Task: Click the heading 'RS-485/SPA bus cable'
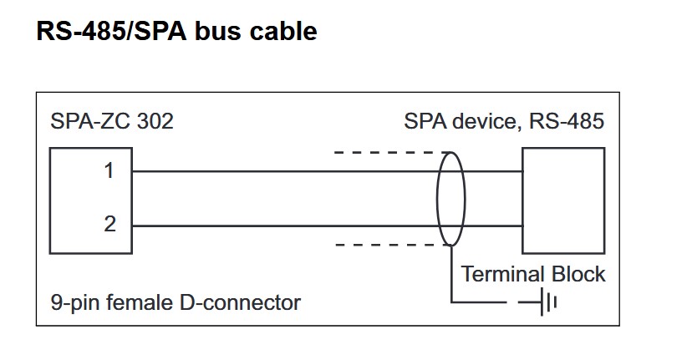[x=176, y=31]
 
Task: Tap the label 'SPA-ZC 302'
[x=112, y=121]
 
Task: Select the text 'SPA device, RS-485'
[x=503, y=121]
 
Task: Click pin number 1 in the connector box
[x=109, y=171]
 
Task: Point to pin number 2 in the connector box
[x=109, y=225]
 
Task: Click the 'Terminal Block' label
[x=533, y=274]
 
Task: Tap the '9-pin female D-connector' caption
[x=175, y=302]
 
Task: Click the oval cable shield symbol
[x=450, y=199]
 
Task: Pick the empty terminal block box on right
[x=562, y=200]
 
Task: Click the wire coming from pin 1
[x=284, y=172]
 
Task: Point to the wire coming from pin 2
[x=284, y=226]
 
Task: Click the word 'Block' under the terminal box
[x=578, y=274]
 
